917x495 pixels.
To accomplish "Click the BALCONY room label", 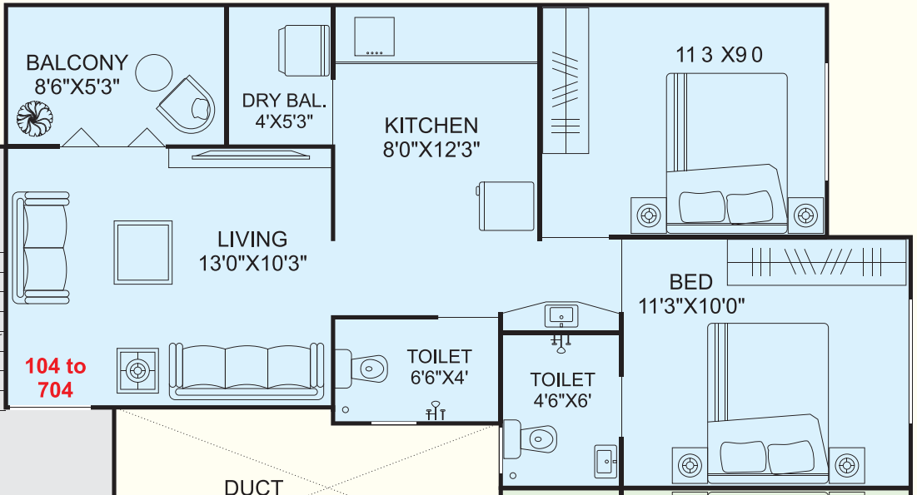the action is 77,62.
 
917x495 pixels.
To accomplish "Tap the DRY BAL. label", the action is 284,101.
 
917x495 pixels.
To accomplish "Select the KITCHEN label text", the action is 431,126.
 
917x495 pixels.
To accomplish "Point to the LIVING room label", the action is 252,239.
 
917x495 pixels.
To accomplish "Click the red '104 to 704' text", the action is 56,378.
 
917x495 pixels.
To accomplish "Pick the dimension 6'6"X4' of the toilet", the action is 439,378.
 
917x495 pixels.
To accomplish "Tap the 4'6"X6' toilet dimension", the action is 562,401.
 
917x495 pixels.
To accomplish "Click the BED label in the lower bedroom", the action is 690,282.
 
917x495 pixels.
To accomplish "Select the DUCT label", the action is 254,487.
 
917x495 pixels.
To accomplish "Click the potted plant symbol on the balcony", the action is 35,119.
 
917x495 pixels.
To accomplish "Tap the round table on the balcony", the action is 154,72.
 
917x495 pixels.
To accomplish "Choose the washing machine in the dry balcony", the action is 303,51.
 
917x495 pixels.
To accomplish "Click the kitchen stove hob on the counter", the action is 374,37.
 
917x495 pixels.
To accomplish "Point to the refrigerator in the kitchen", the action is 506,205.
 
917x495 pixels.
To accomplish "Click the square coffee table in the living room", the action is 142,252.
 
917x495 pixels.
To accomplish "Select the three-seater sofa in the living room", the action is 247,372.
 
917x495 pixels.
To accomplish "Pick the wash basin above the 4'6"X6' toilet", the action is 561,316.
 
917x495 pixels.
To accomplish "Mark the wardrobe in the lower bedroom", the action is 816,262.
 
